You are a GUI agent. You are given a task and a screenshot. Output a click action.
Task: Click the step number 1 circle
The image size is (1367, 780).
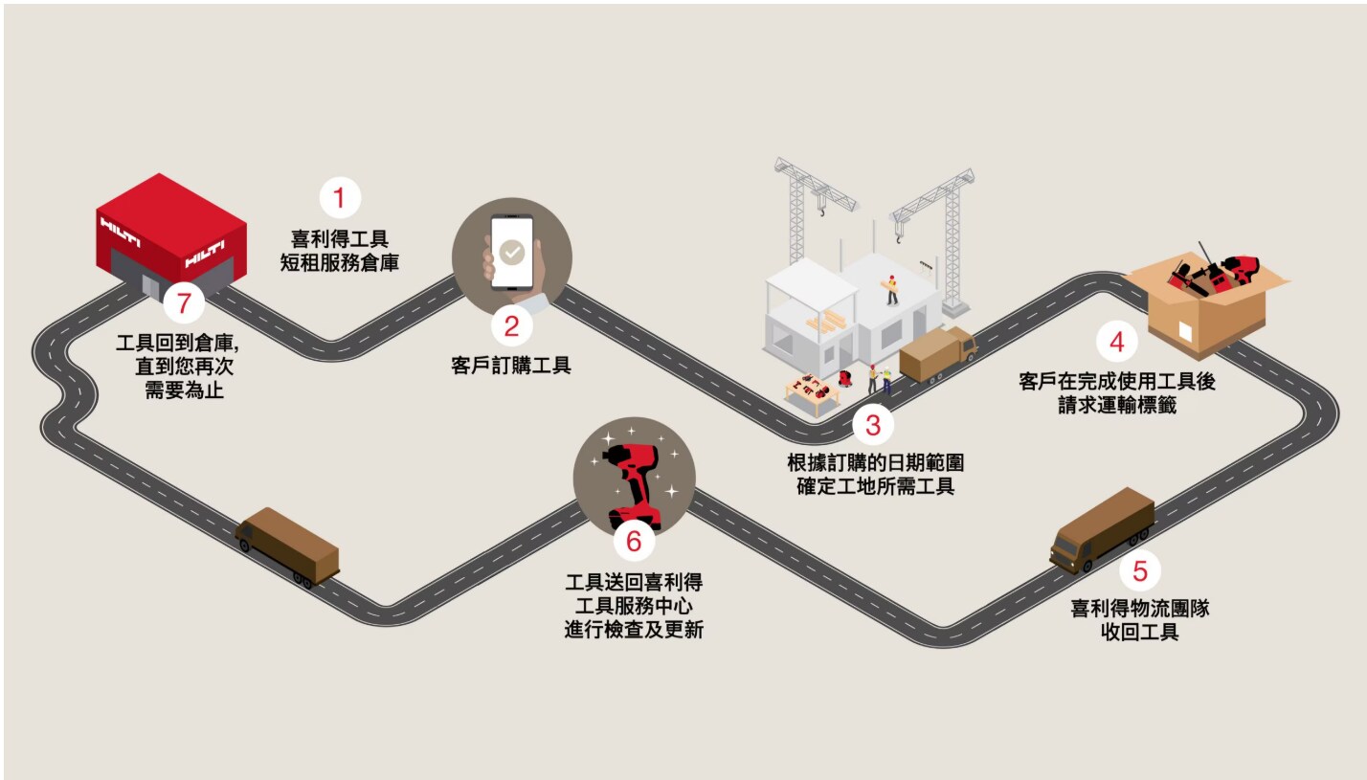[340, 198]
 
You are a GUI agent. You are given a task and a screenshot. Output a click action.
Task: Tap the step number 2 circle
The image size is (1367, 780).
[511, 326]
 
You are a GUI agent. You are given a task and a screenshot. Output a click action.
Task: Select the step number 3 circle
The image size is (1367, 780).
[873, 425]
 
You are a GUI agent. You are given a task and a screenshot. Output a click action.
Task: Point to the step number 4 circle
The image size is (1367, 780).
[1117, 342]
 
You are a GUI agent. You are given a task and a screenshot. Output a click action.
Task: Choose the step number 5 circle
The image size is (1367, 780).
[1140, 570]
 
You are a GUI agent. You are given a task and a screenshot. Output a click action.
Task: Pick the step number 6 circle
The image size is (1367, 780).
[634, 541]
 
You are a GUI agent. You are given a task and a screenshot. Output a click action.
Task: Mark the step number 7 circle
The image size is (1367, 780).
[184, 302]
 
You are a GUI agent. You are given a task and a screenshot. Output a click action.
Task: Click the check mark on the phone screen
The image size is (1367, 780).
[512, 252]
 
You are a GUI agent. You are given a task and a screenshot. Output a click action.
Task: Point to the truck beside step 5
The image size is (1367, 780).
[1102, 531]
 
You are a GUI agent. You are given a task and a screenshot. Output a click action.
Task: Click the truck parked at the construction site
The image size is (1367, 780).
[938, 355]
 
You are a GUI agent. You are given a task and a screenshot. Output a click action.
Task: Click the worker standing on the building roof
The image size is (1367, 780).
[892, 290]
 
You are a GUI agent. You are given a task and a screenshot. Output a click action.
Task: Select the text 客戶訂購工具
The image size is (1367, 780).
[511, 366]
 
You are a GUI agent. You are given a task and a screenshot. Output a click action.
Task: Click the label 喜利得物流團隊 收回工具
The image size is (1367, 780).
[1140, 619]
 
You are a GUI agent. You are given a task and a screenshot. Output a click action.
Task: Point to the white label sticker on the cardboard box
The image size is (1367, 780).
[1185, 331]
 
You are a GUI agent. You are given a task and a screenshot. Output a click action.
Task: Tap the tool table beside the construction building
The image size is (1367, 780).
[813, 393]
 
